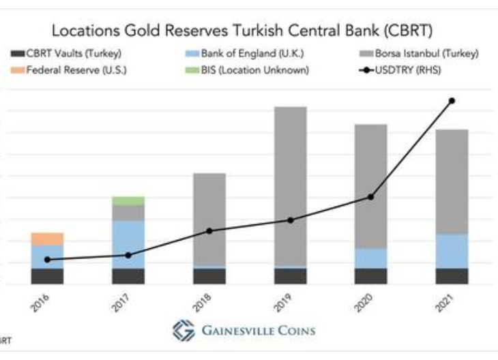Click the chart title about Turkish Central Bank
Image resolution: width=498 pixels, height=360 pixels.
(242, 31)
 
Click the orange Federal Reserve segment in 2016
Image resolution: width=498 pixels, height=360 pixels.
(47, 239)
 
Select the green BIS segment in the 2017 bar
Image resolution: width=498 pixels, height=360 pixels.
(128, 200)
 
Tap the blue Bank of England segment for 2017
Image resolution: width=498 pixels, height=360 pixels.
(128, 244)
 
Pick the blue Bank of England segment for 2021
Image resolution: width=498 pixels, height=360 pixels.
(452, 251)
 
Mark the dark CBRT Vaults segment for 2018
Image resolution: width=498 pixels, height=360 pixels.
(209, 275)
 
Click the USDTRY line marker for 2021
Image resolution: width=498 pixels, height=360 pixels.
(452, 101)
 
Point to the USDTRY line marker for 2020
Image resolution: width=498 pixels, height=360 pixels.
(370, 197)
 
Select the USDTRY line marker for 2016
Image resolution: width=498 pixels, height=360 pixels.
(47, 260)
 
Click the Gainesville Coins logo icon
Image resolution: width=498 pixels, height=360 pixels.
(184, 331)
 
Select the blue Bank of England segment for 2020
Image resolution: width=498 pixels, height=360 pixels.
(370, 258)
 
